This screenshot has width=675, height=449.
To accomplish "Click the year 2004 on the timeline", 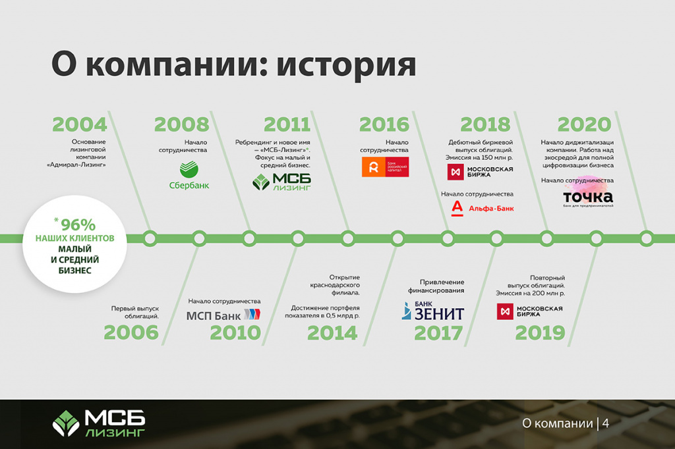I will coord(79,124).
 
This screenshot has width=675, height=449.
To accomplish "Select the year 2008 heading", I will coord(181,124).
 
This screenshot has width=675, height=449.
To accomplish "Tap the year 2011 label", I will coord(287,124).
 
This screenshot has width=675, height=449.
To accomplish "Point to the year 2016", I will coord(384,124).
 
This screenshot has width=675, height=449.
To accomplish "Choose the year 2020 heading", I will coord(585,124).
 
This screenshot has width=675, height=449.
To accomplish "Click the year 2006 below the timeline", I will coord(131,332).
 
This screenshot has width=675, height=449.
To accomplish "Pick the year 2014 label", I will coord(332,332).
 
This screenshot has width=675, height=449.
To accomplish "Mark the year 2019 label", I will coord(540,332).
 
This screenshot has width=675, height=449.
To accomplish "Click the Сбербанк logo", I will coord(189,175).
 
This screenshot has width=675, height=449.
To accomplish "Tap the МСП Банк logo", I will coord(223,315).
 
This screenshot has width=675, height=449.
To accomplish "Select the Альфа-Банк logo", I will coord(482,208).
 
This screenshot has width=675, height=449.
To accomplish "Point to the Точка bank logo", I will coord(588,197).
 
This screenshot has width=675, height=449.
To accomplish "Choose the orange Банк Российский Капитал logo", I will coord(385,167).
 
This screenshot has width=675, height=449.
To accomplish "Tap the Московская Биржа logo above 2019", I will coord(530,311).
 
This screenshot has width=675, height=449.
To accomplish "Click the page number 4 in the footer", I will coord(605,423).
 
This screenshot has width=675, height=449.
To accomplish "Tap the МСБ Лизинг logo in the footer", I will coord(99,423).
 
